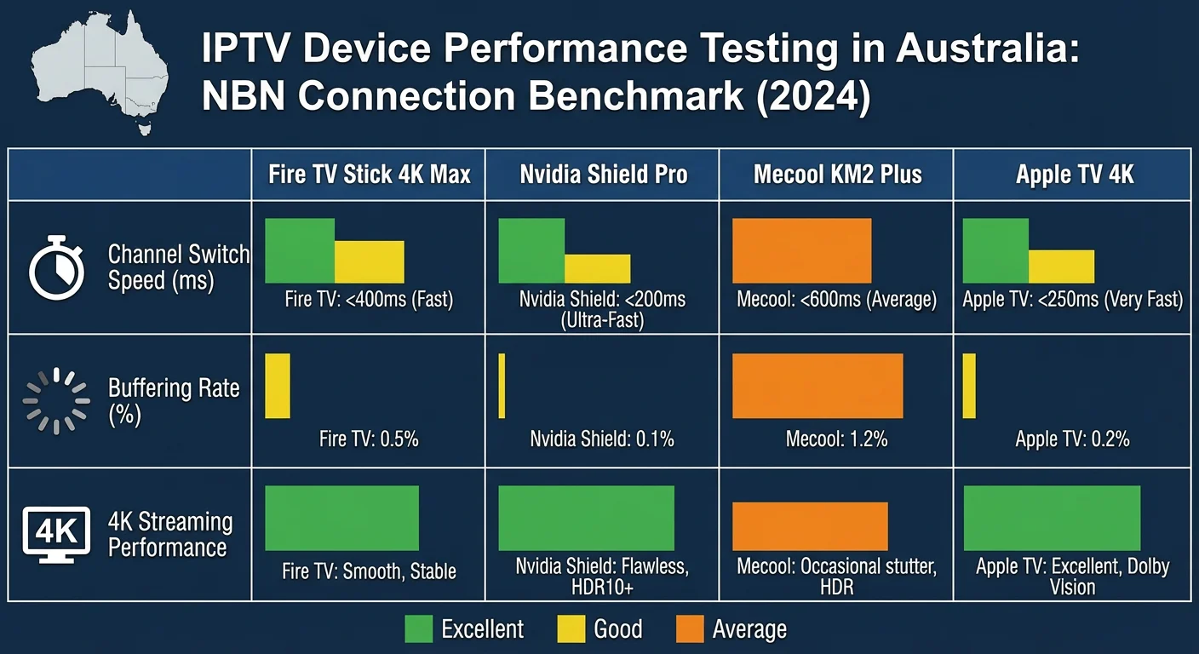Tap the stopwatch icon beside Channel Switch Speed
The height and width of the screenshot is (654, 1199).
click(x=57, y=267)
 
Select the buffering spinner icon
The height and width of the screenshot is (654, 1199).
click(x=56, y=400)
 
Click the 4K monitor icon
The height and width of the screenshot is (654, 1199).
click(x=57, y=534)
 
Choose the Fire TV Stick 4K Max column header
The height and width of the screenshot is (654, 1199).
click(x=369, y=175)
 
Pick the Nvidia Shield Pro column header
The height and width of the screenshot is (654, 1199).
click(x=603, y=175)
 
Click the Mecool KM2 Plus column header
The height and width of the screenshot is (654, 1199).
click(x=837, y=175)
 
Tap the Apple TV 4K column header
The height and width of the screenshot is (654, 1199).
click(x=1074, y=175)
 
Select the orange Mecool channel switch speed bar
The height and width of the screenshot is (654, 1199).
click(x=801, y=250)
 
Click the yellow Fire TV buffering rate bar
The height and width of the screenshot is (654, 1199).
click(x=278, y=386)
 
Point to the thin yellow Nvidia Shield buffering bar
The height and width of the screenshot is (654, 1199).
click(x=502, y=386)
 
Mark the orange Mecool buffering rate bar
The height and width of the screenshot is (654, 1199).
click(x=817, y=386)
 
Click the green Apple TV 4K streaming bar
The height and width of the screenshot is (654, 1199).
click(x=1052, y=518)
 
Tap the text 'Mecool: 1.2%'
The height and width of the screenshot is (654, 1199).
click(x=836, y=439)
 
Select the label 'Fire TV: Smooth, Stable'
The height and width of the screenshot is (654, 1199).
click(x=369, y=571)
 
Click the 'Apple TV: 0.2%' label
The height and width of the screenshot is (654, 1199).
click(x=1072, y=439)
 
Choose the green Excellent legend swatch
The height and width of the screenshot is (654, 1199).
click(x=418, y=629)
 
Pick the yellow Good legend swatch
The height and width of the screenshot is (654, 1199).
click(x=571, y=629)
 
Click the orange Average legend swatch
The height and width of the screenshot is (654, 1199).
click(x=689, y=629)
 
